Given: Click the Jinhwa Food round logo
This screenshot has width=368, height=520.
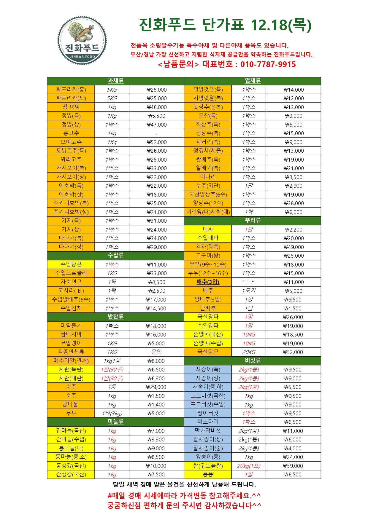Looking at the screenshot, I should tap(82, 41).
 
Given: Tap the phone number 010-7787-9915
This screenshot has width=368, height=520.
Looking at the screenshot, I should tap(268, 64).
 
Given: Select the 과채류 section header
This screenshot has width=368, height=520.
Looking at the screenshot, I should tap(115, 81).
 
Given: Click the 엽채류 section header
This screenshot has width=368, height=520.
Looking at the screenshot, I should tap(253, 81).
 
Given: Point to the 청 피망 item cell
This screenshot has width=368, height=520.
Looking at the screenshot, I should tap(71, 107).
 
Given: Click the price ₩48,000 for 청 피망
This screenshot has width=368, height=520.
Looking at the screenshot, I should tap(157, 107).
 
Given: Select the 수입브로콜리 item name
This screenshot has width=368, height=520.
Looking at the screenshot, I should tap(71, 273).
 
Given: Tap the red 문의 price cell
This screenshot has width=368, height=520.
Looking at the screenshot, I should tap(157, 352).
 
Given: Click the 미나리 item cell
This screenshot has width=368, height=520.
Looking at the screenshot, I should tap(208, 177).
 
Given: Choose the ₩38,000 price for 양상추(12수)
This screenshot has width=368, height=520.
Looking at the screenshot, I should tap(294, 203).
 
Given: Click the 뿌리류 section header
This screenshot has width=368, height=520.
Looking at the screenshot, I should tap(253, 220).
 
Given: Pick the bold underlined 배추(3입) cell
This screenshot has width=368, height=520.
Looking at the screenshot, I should tap(208, 282).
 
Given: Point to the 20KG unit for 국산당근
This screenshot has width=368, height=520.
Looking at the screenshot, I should tap(249, 352).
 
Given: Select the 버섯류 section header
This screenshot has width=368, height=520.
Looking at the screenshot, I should tap(253, 361).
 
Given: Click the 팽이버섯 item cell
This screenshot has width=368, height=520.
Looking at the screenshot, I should tap(208, 413).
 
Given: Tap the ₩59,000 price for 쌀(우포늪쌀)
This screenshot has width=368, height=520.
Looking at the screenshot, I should tap(293, 466).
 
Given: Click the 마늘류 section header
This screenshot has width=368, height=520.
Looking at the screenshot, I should tap(115, 422).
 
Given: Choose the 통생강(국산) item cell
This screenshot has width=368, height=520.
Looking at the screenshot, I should tap(71, 466).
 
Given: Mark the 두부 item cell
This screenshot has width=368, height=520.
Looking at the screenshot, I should tap(71, 413).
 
